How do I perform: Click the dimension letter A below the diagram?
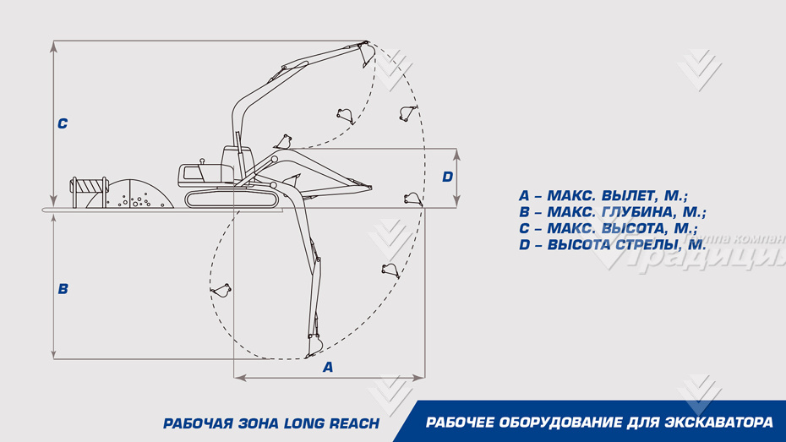(328, 367)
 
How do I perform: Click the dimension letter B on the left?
(63, 289)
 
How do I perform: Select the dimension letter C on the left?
(63, 124)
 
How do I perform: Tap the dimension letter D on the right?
(447, 177)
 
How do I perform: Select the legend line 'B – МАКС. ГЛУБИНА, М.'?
(612, 213)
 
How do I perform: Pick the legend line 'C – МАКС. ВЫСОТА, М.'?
(608, 229)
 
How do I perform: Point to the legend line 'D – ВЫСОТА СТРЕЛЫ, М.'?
(612, 245)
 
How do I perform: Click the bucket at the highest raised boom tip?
(366, 52)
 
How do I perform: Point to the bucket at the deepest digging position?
(314, 344)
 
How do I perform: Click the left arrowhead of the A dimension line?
(237, 377)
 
